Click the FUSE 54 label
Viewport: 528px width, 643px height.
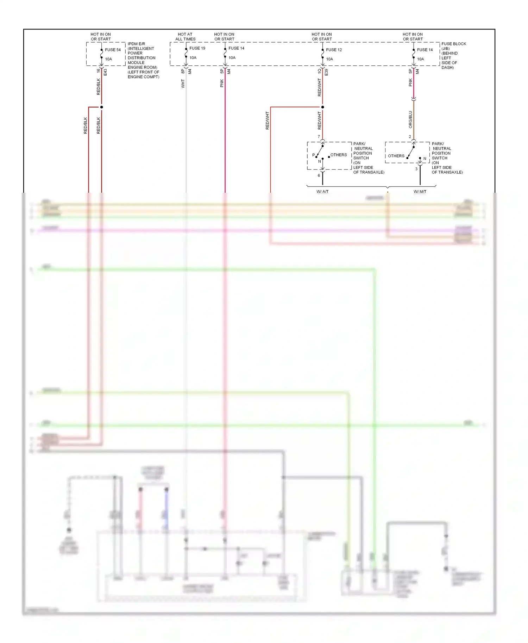click(x=113, y=50)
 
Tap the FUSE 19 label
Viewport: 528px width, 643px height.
click(x=197, y=48)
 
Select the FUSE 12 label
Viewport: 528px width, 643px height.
click(x=334, y=50)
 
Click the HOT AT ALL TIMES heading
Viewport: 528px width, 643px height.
click(x=185, y=37)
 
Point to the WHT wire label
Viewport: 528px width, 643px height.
click(x=183, y=84)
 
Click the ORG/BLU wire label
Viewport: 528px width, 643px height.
click(x=410, y=120)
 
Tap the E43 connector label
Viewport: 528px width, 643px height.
click(x=105, y=72)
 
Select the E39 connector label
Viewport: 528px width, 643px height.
click(x=326, y=72)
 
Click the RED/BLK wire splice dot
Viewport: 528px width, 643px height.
click(x=101, y=107)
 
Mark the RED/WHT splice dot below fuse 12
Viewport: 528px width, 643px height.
click(x=322, y=107)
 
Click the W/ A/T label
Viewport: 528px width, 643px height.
click(x=322, y=192)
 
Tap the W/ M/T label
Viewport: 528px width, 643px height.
click(x=420, y=192)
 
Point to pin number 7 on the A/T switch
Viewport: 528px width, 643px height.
click(x=319, y=136)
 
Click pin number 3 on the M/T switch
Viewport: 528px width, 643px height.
click(x=416, y=169)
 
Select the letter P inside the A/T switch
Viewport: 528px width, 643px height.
click(x=313, y=155)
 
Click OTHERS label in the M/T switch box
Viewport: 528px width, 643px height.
click(x=396, y=156)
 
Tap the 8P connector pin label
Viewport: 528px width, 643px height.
click(x=183, y=71)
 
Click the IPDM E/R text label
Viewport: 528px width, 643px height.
click(x=136, y=44)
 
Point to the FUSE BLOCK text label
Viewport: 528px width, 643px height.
click(x=454, y=44)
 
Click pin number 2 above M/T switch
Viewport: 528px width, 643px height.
click(x=410, y=136)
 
